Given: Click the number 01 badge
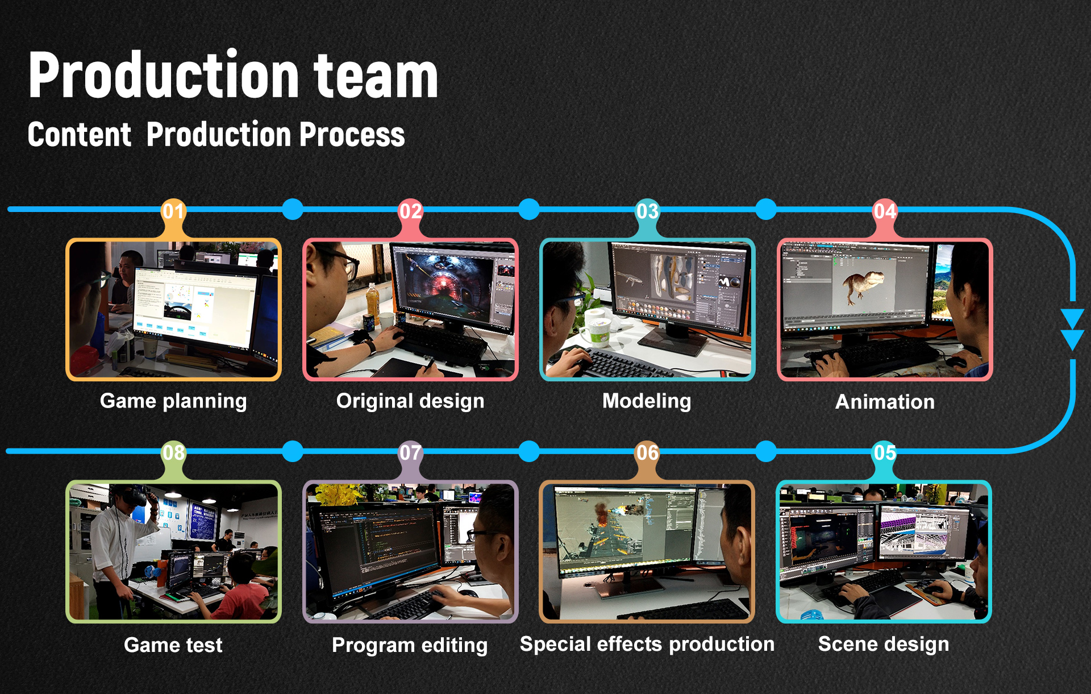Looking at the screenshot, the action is pos(173,211).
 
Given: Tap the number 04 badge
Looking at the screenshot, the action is pos(885,211).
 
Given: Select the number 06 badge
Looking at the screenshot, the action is pos(647,453).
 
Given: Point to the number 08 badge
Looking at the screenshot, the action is pos(173,453).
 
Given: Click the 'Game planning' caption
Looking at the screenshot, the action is pos(173,401).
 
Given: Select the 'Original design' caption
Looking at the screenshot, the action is pos(410,401).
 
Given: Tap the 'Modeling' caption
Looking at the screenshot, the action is pos(647,401).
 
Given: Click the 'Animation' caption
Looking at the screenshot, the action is pos(885,402).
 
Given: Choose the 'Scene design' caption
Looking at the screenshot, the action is pos(884,645).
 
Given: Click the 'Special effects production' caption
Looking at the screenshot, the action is pos(647,645).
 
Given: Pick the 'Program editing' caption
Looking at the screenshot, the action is pos(410,646).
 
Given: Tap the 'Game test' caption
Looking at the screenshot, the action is pos(173,645).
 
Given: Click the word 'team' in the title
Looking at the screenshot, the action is pos(376,76).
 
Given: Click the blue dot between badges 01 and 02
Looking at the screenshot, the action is pos(293,209).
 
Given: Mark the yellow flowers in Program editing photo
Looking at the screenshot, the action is pos(338,494).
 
